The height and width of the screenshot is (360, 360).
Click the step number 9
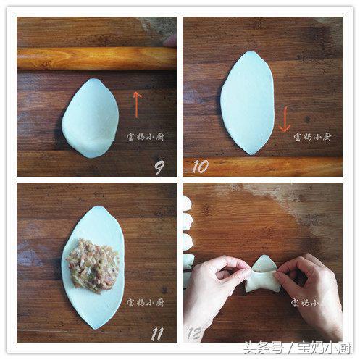pyautogui.click(x=159, y=167)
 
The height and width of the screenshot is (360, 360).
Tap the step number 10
pyautogui.click(x=200, y=166)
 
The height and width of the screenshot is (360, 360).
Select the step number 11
pyautogui.click(x=157, y=334)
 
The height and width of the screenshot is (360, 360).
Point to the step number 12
pyautogui.click(x=195, y=333)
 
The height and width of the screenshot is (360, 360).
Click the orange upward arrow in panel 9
pyautogui.click(x=137, y=104)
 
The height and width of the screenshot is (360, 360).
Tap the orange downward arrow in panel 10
pyautogui.click(x=285, y=119)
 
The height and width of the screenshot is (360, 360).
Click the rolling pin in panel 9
pyautogui.click(x=96, y=59)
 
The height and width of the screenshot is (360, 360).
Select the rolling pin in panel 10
pyautogui.click(x=262, y=167)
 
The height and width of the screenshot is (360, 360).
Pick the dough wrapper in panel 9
pyautogui.click(x=91, y=118)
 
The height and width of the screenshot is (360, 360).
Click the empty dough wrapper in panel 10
pyautogui.click(x=248, y=103)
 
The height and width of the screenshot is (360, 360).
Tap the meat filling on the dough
pyautogui.click(x=93, y=265)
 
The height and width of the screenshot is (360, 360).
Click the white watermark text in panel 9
pyautogui.click(x=146, y=136)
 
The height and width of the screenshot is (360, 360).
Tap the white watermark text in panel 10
pyautogui.click(x=312, y=137)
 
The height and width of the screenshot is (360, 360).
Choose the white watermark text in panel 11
pyautogui.click(x=146, y=302)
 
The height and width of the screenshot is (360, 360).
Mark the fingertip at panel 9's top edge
pyautogui.click(x=169, y=41)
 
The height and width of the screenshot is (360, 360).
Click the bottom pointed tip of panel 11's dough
pyautogui.click(x=95, y=329)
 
